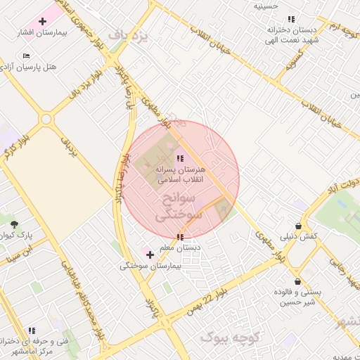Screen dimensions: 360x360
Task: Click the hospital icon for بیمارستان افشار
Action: pos(42,22)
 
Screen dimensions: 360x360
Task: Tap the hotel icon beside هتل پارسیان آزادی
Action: pos(27,56)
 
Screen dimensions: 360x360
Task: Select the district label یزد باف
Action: pos(130,36)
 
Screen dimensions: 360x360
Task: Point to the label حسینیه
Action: pos(266,6)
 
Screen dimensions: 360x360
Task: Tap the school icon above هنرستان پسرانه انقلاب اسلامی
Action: pos(180,159)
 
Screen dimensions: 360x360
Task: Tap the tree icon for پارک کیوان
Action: pos(15,224)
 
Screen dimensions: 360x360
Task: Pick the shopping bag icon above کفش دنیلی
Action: pos(300,226)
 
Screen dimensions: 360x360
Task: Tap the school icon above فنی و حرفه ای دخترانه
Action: pos(32,330)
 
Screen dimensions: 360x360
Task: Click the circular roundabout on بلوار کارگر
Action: pos(46,119)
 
